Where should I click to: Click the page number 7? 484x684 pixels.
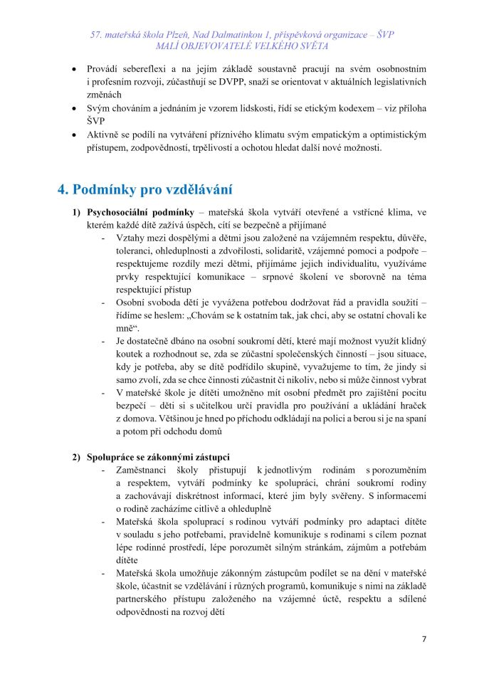coord(424,638)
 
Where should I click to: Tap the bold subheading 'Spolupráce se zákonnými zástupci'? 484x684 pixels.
coord(163,456)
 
